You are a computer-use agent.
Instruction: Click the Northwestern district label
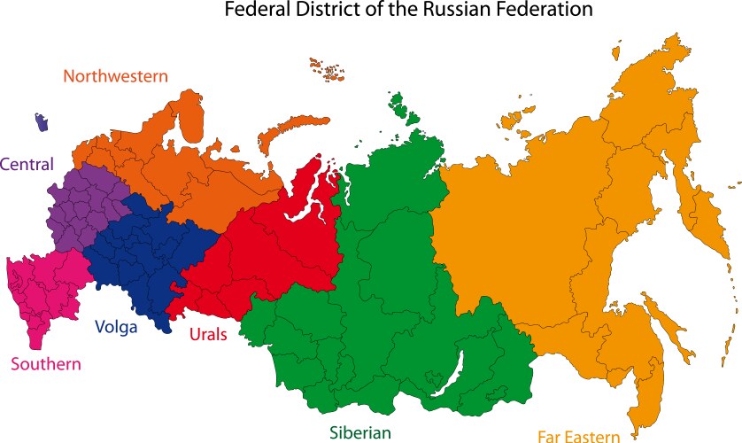[115, 76]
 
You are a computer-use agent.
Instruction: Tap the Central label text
[27, 164]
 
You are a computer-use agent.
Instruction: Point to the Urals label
[208, 334]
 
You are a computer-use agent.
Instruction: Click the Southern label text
[45, 364]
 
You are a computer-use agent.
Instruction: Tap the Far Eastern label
[578, 436]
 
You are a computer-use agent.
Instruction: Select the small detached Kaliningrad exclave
[40, 121]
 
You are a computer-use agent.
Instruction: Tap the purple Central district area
[84, 208]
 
